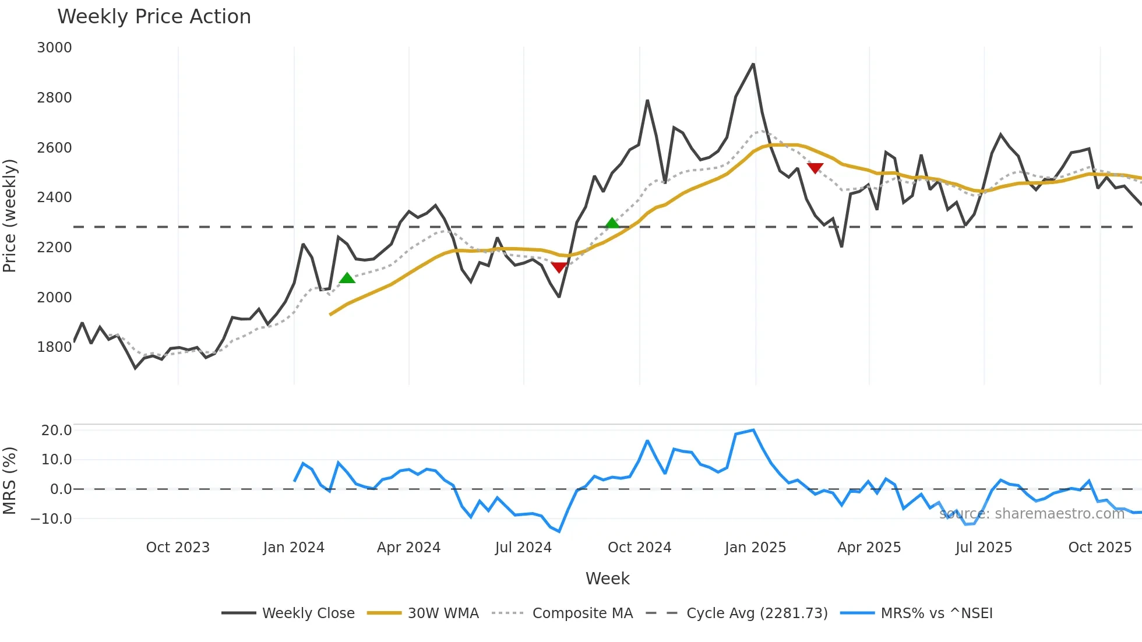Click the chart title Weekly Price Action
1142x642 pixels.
tap(154, 17)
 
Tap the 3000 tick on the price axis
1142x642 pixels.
tap(54, 48)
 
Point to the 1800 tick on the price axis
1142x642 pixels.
tap(54, 347)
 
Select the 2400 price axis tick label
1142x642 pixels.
tap(54, 197)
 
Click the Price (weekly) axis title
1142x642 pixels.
tap(9, 216)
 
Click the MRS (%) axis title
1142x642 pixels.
tap(9, 481)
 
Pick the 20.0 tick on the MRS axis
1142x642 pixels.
tap(57, 431)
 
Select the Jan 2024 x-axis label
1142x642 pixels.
tap(294, 548)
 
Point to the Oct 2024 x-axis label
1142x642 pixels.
tap(639, 548)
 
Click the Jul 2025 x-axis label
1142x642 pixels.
tap(984, 548)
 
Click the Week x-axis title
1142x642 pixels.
tap(607, 578)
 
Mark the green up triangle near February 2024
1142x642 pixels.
tap(347, 278)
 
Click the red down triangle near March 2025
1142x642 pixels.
tap(815, 168)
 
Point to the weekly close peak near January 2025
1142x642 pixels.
tap(753, 64)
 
